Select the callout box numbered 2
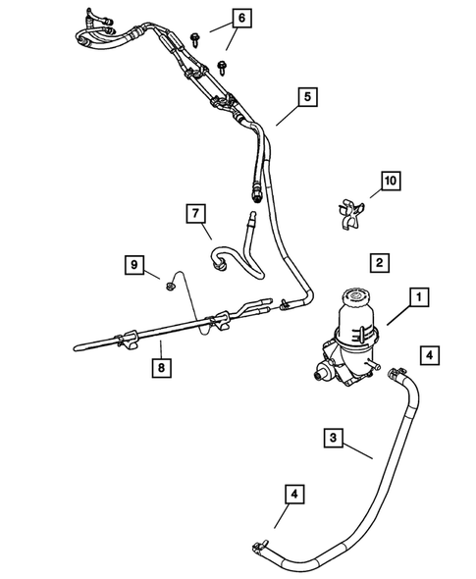click(377, 262)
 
